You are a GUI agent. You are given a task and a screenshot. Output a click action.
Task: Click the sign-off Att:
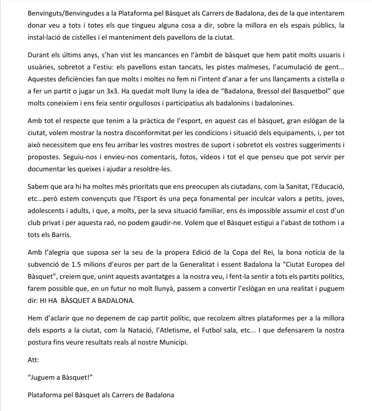pos(33,360)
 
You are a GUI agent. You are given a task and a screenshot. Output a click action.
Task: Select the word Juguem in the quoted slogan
pos(42,378)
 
